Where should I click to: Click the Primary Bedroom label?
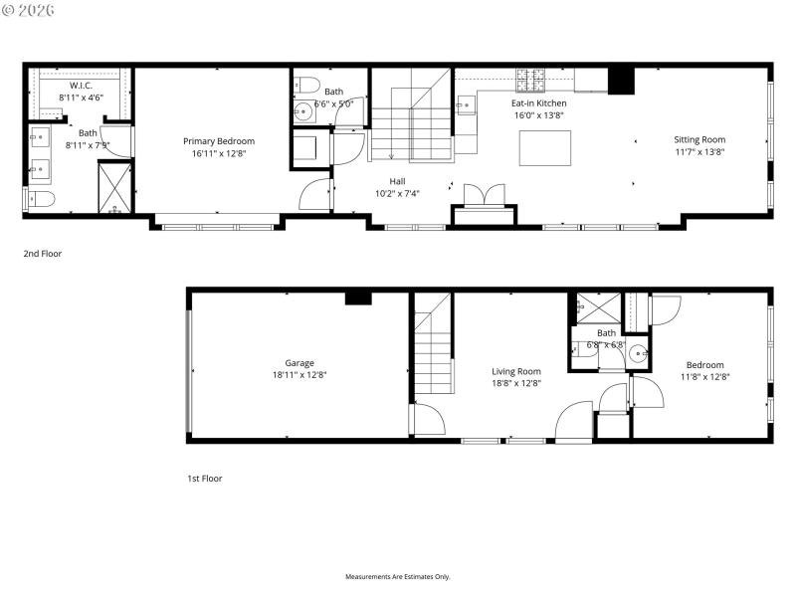coord(218,141)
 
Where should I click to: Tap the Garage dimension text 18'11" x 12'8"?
coord(299,375)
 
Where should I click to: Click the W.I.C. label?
coord(81,86)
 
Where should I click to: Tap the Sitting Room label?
coord(699,140)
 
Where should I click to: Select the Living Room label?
coord(515,371)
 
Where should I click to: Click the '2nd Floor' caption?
coord(43,254)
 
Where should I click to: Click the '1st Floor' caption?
coord(205,479)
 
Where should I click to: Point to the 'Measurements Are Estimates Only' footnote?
coord(398,577)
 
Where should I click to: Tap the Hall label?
coord(397,181)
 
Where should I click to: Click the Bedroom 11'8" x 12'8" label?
coord(702,365)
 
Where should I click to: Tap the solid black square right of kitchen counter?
coord(622,80)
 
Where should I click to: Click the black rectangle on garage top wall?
coord(358,298)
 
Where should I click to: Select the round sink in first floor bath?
coord(639,352)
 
